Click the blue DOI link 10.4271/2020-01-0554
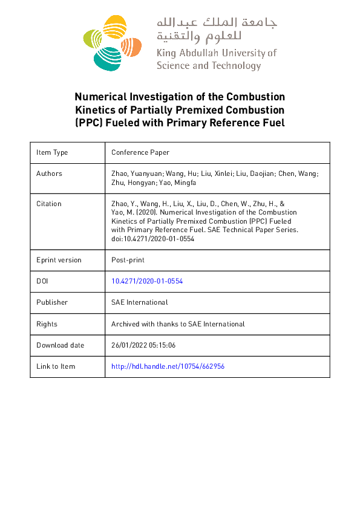[147, 281]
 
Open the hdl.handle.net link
[168, 366]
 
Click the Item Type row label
[52, 152]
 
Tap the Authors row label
[49, 173]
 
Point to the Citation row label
[49, 204]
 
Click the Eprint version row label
[59, 260]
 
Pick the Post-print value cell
[127, 260]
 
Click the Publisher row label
[52, 302]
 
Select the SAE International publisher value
[139, 302]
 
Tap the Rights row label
[47, 324]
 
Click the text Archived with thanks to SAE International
[178, 324]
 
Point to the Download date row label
[60, 345]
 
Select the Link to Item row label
[56, 366]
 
